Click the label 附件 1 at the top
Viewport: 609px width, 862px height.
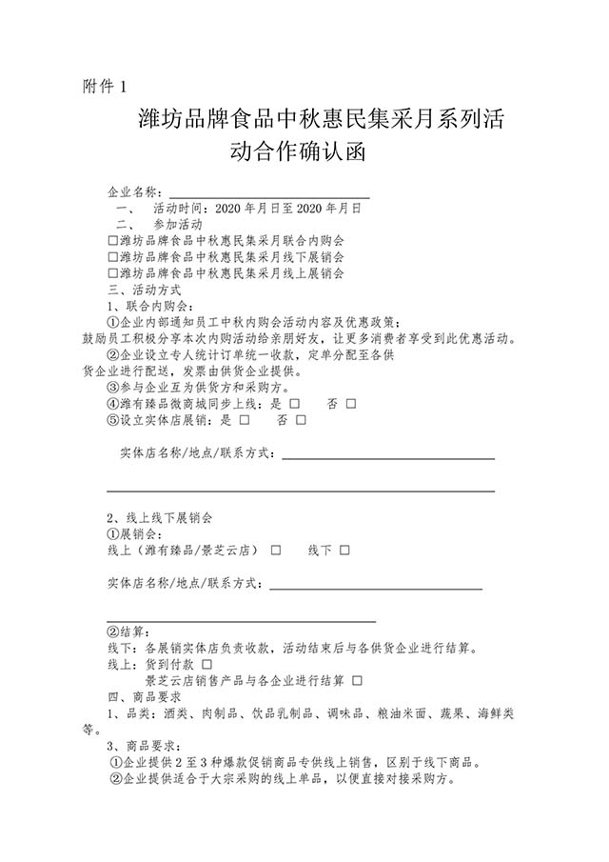pos(105,88)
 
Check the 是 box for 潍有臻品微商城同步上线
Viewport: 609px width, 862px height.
pos(295,404)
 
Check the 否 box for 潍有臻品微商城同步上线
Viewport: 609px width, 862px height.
pos(351,404)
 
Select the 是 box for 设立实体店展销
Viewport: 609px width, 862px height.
pos(246,419)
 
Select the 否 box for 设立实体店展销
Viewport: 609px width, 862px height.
pos(302,419)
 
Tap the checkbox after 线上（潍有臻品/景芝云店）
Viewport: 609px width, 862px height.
pos(276,551)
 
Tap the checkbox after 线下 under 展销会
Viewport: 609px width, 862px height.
pos(344,551)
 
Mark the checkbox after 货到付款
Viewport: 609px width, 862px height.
pos(207,663)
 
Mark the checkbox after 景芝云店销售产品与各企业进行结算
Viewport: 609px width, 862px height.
pos(357,679)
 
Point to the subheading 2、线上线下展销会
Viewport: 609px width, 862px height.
pos(159,517)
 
